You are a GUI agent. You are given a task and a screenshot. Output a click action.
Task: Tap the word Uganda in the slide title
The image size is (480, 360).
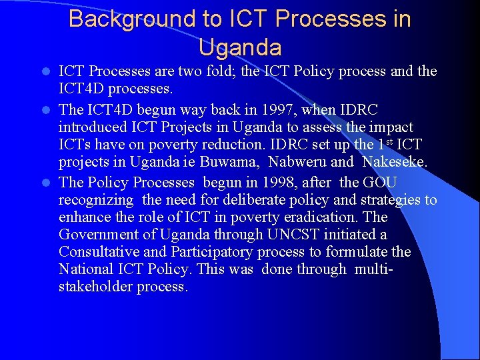[240, 47]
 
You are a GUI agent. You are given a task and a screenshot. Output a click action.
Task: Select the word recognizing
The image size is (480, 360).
[96, 200]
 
